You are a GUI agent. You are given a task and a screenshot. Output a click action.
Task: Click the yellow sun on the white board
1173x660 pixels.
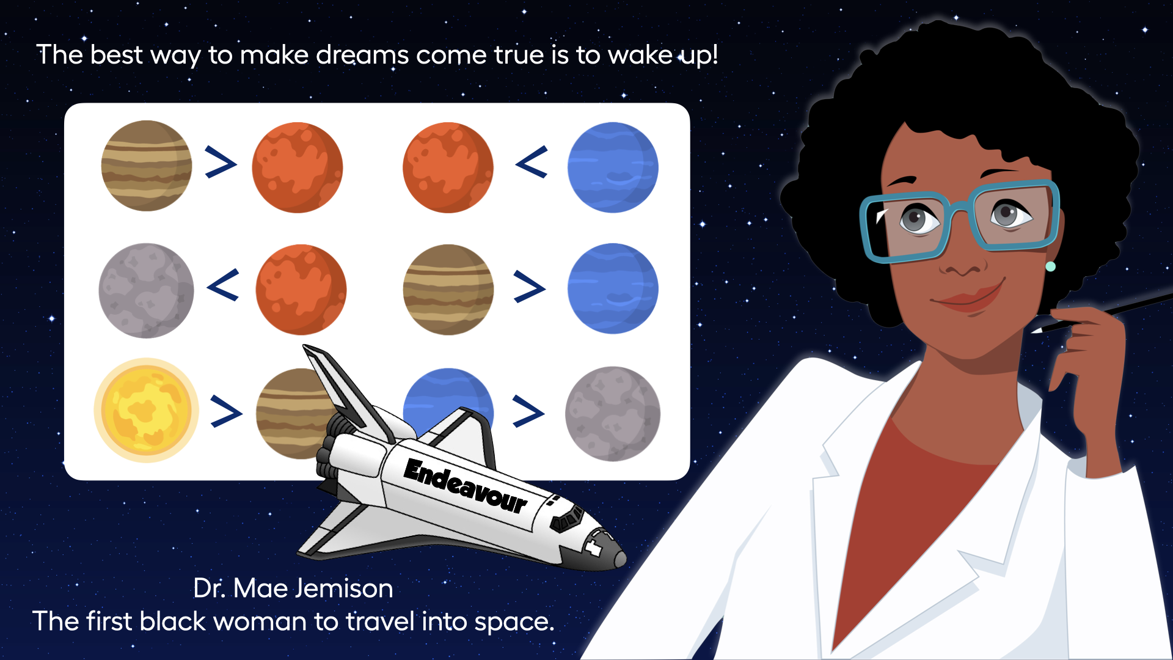[x=147, y=410]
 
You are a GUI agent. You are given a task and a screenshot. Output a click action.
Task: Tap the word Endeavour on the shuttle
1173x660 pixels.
[x=466, y=486]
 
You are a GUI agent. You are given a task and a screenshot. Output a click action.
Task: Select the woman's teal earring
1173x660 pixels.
[x=1050, y=266]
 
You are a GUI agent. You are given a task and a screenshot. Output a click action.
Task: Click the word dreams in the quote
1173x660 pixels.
[x=362, y=55]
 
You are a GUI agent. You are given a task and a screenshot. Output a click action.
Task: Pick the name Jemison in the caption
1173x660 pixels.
[x=344, y=588]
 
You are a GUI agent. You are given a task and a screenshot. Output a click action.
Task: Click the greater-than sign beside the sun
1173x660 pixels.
[x=226, y=411]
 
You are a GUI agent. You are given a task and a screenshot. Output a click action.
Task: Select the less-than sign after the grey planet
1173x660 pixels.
[x=223, y=285]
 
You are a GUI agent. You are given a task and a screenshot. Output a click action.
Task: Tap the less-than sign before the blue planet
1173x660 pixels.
[x=532, y=162]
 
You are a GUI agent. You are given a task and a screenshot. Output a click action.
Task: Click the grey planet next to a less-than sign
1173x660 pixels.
[x=147, y=290]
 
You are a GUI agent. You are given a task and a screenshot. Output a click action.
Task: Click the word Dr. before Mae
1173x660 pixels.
[x=210, y=588]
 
